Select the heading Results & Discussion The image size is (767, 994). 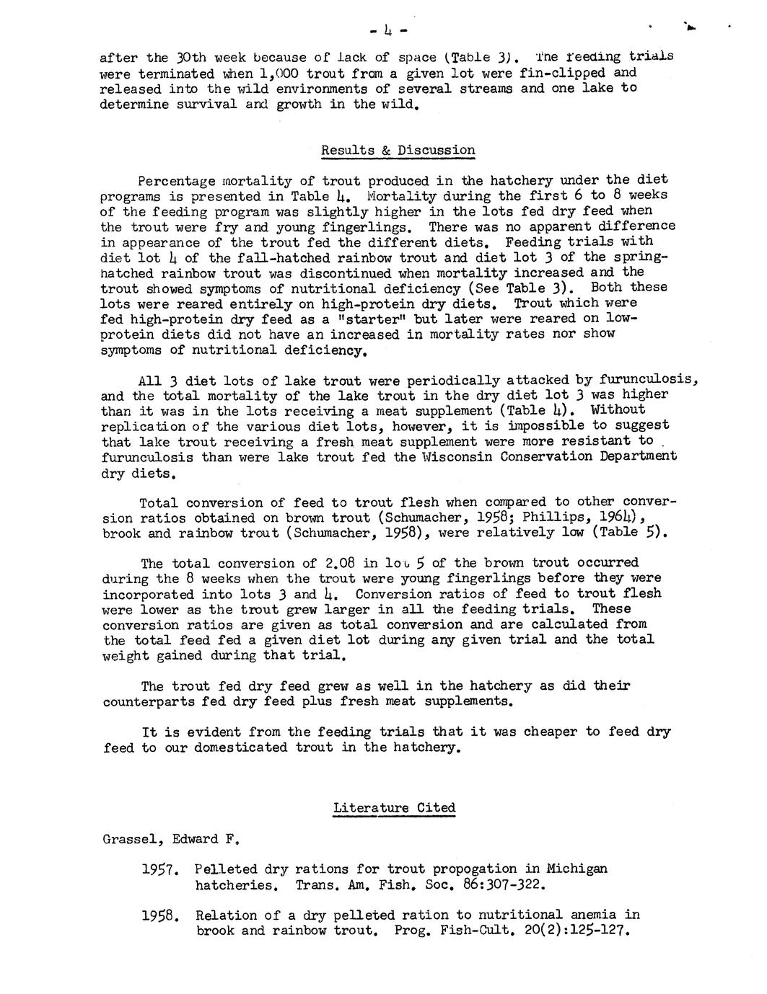point(398,151)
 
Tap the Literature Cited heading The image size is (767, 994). point(394,808)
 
